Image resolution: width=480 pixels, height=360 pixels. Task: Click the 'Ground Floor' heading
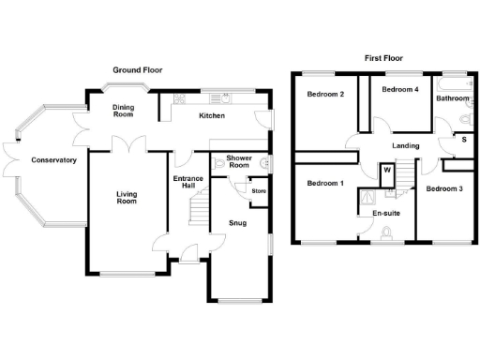[139, 70]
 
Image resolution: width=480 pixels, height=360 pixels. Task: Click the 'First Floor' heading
[383, 58]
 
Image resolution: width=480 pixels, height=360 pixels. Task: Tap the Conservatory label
[53, 160]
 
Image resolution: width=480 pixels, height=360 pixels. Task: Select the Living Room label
[127, 199]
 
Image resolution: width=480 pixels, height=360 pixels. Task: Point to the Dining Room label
[124, 112]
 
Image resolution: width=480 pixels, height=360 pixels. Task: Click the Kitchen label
[211, 116]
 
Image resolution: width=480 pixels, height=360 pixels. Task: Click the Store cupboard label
[259, 191]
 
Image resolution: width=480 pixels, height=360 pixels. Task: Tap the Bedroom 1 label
[325, 183]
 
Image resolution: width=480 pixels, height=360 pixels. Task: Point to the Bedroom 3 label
[443, 189]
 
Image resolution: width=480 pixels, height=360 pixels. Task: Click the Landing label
[405, 146]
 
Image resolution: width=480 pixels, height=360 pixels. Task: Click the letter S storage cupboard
[463, 140]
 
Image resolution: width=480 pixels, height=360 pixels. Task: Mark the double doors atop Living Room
[124, 145]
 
